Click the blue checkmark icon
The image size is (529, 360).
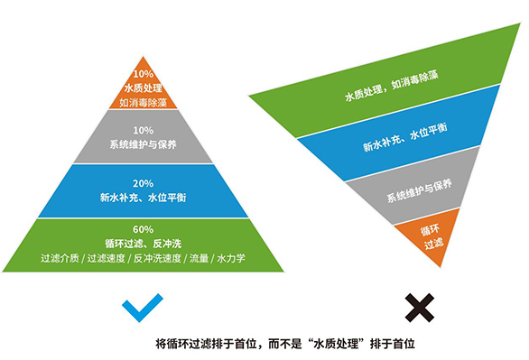(144, 307)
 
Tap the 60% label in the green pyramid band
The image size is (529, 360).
(143, 230)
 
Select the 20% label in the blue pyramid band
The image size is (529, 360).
(143, 183)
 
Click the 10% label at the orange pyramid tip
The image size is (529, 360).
(143, 74)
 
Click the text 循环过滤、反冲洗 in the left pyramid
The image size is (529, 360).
(143, 243)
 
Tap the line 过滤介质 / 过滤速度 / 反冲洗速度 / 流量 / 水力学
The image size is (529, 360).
(143, 258)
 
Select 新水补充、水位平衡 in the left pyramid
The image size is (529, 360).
(143, 197)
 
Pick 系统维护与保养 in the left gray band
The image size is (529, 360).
(143, 144)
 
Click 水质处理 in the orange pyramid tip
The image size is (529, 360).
(143, 88)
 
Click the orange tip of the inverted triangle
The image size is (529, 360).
(432, 236)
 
